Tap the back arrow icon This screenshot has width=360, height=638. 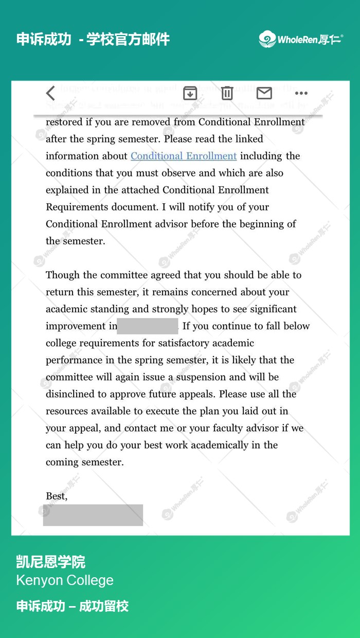pyautogui.click(x=50, y=93)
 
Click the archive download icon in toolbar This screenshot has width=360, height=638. pyautogui.click(x=190, y=93)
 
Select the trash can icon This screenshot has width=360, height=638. pyautogui.click(x=227, y=93)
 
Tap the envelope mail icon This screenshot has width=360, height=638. pyautogui.click(x=264, y=93)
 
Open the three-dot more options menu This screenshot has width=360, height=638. pyautogui.click(x=301, y=93)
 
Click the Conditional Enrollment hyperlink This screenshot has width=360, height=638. pyautogui.click(x=184, y=156)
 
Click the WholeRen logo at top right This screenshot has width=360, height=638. pyautogui.click(x=301, y=39)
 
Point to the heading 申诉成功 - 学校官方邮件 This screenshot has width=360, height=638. pyautogui.click(x=93, y=39)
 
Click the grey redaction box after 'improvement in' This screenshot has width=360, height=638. pyautogui.click(x=148, y=326)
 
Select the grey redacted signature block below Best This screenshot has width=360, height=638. pyautogui.click(x=93, y=515)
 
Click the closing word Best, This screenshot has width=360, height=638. pyautogui.click(x=57, y=496)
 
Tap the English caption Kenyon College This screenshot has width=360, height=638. pyautogui.click(x=65, y=580)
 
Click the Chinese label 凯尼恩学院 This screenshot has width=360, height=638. pyautogui.click(x=51, y=561)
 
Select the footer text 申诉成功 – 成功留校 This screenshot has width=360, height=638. pyautogui.click(x=73, y=606)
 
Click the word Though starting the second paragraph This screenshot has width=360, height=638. pyautogui.click(x=63, y=275)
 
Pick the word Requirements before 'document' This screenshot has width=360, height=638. pyautogui.click(x=79, y=207)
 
